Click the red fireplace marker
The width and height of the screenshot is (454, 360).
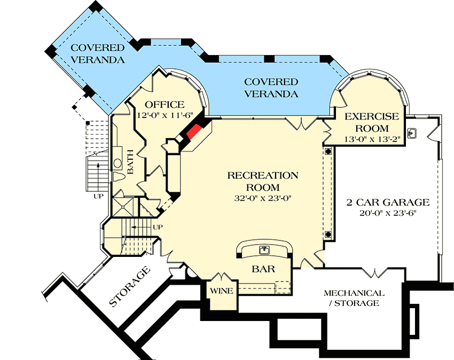[194, 132]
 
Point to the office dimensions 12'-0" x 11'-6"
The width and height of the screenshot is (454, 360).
[165, 115]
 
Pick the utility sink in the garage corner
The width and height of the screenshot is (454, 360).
[412, 132]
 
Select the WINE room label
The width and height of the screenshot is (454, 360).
[221, 291]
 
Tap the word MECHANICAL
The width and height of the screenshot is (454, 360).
[353, 293]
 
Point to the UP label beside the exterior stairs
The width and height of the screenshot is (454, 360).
[98, 197]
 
